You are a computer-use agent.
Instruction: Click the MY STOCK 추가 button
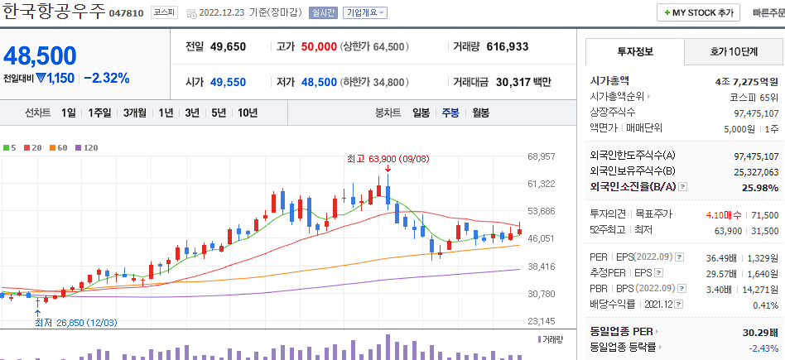click(x=699, y=13)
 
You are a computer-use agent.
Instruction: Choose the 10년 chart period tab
click(x=248, y=113)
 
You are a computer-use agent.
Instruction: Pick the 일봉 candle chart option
click(x=421, y=113)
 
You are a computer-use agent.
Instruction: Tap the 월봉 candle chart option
click(x=480, y=113)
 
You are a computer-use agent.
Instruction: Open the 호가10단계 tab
click(x=734, y=51)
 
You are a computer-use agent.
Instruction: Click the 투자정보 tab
click(x=635, y=51)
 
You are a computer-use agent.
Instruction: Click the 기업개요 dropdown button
click(x=365, y=13)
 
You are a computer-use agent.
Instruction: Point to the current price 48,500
click(x=40, y=56)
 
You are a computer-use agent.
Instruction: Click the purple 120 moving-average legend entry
click(x=87, y=147)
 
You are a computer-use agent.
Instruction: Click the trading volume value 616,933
click(x=508, y=47)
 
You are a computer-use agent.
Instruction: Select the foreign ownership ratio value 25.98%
click(x=761, y=188)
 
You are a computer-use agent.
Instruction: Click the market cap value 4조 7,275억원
click(x=746, y=81)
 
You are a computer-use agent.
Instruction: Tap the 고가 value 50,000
click(x=318, y=47)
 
